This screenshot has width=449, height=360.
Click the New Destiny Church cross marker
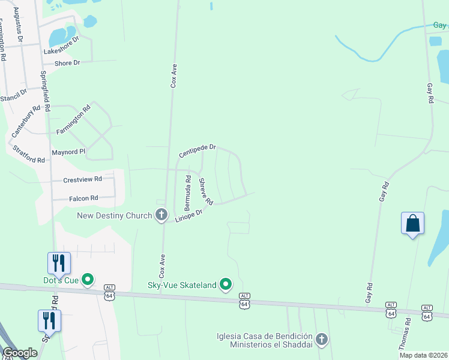coord(161,215)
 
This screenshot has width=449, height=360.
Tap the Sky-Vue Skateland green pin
coord(226,284)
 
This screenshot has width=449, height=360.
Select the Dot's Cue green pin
coord(88,280)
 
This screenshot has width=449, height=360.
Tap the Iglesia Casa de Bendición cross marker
coord(322,340)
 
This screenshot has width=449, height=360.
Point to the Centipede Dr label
coord(197,151)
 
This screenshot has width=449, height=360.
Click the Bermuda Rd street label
coord(187,192)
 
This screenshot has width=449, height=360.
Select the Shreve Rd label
coord(206,191)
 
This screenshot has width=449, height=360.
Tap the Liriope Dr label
coord(189,216)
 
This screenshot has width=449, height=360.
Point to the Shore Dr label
coord(67,63)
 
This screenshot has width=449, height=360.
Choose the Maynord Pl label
coord(68,152)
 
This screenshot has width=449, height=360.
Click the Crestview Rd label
coord(83,179)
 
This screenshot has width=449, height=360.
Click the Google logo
coord(20,353)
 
